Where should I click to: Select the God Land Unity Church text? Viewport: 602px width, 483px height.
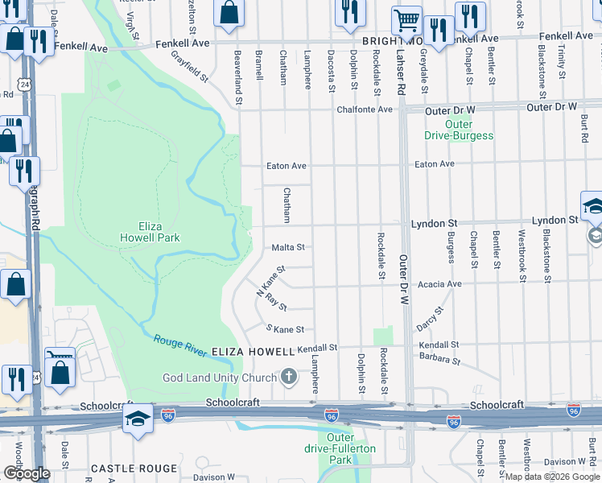pos(220,378)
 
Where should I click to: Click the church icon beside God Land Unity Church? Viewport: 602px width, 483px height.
pos(289,377)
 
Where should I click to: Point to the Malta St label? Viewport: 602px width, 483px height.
pos(288,248)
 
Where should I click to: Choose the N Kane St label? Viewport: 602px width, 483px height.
pos(270,282)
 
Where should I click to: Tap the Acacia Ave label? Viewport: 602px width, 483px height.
pos(439,284)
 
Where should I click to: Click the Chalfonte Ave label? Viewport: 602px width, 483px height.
pos(365,109)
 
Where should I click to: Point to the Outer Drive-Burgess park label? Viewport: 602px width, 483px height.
pos(459,130)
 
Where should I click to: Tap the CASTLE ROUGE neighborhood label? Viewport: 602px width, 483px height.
pos(134,469)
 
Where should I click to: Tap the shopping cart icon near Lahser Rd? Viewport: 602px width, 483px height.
pos(407,21)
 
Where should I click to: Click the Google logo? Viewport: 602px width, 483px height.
pos(27,473)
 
